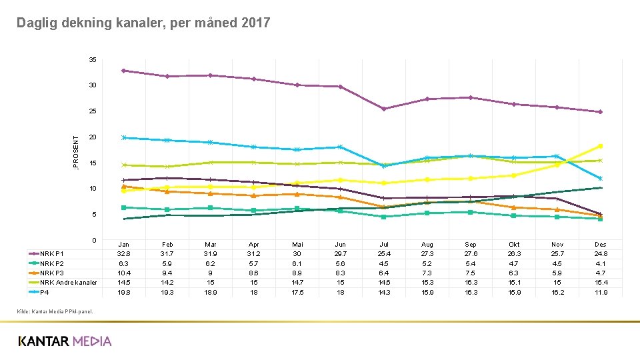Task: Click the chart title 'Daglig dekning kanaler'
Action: coord(143,23)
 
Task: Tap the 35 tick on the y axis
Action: coord(93,60)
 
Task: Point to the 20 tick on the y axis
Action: coord(93,137)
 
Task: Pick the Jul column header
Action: coord(384,245)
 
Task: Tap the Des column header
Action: coord(600,245)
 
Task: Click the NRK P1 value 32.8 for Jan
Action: coord(124,254)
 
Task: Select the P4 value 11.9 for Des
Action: coord(600,292)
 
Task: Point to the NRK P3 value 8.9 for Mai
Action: coord(297,273)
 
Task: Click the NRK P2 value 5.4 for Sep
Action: coord(471,263)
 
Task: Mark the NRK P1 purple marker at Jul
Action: coord(384,109)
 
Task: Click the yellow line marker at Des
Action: coord(600,146)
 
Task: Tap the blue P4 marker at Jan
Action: coord(124,137)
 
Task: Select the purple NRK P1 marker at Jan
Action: coord(124,71)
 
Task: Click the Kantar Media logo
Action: coord(65,341)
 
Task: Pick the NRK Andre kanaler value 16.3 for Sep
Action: coord(471,283)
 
